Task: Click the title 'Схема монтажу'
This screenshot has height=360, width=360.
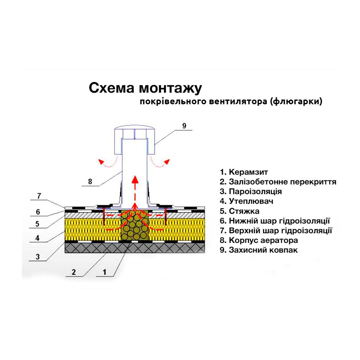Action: point(145,89)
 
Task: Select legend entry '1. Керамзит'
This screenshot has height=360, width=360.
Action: point(244,172)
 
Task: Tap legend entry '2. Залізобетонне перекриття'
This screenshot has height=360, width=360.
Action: point(278,182)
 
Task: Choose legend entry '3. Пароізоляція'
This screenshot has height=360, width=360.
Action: point(251,192)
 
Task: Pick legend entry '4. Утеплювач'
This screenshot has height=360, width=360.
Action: point(247,201)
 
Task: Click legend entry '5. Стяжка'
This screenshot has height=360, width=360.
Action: point(239,211)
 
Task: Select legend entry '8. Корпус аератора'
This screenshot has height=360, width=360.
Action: point(259,240)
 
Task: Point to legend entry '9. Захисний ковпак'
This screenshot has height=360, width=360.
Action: point(258,250)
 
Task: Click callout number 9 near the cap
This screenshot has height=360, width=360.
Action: point(184,126)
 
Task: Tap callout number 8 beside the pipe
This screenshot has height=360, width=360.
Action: point(90,181)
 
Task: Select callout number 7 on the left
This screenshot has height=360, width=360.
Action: point(39,196)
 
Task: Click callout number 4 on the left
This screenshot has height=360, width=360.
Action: point(37,238)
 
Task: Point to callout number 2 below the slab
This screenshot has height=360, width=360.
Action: point(73,272)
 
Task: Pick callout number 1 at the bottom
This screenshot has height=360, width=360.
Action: point(104,272)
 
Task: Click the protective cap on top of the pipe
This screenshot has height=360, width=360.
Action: point(135,140)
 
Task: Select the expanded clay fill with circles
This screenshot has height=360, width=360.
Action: point(135,225)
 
